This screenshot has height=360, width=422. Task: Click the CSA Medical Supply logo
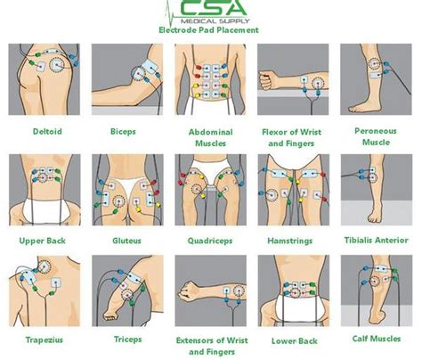[210, 12]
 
